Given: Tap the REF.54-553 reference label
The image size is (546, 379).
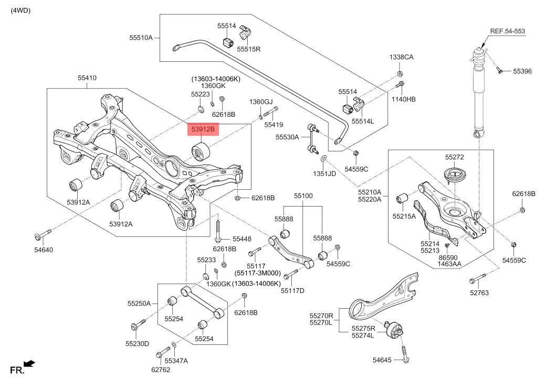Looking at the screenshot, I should click(x=507, y=31).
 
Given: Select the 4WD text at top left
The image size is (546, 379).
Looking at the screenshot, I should click(x=20, y=10).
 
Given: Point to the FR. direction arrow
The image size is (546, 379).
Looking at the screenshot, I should click(x=29, y=363).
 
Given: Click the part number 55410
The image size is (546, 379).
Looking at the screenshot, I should click(x=87, y=78).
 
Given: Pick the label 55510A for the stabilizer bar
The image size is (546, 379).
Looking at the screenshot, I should click(x=141, y=37).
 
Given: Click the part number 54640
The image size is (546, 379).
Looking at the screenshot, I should click(x=44, y=250).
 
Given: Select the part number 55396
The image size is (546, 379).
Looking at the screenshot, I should click(x=522, y=71).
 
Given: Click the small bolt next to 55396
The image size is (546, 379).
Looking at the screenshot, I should click(x=501, y=70).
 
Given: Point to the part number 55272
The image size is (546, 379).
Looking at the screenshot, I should click(x=455, y=157).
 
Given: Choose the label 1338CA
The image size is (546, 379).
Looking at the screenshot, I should click(x=401, y=57).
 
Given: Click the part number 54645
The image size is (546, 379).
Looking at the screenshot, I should click(x=382, y=360).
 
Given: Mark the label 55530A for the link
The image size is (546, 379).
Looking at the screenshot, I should click(x=287, y=137).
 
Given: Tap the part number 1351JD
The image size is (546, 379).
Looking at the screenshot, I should click(x=325, y=173).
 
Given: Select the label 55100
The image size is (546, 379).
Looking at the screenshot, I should click(x=303, y=196).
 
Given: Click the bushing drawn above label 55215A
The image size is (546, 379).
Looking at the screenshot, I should click(x=403, y=198).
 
